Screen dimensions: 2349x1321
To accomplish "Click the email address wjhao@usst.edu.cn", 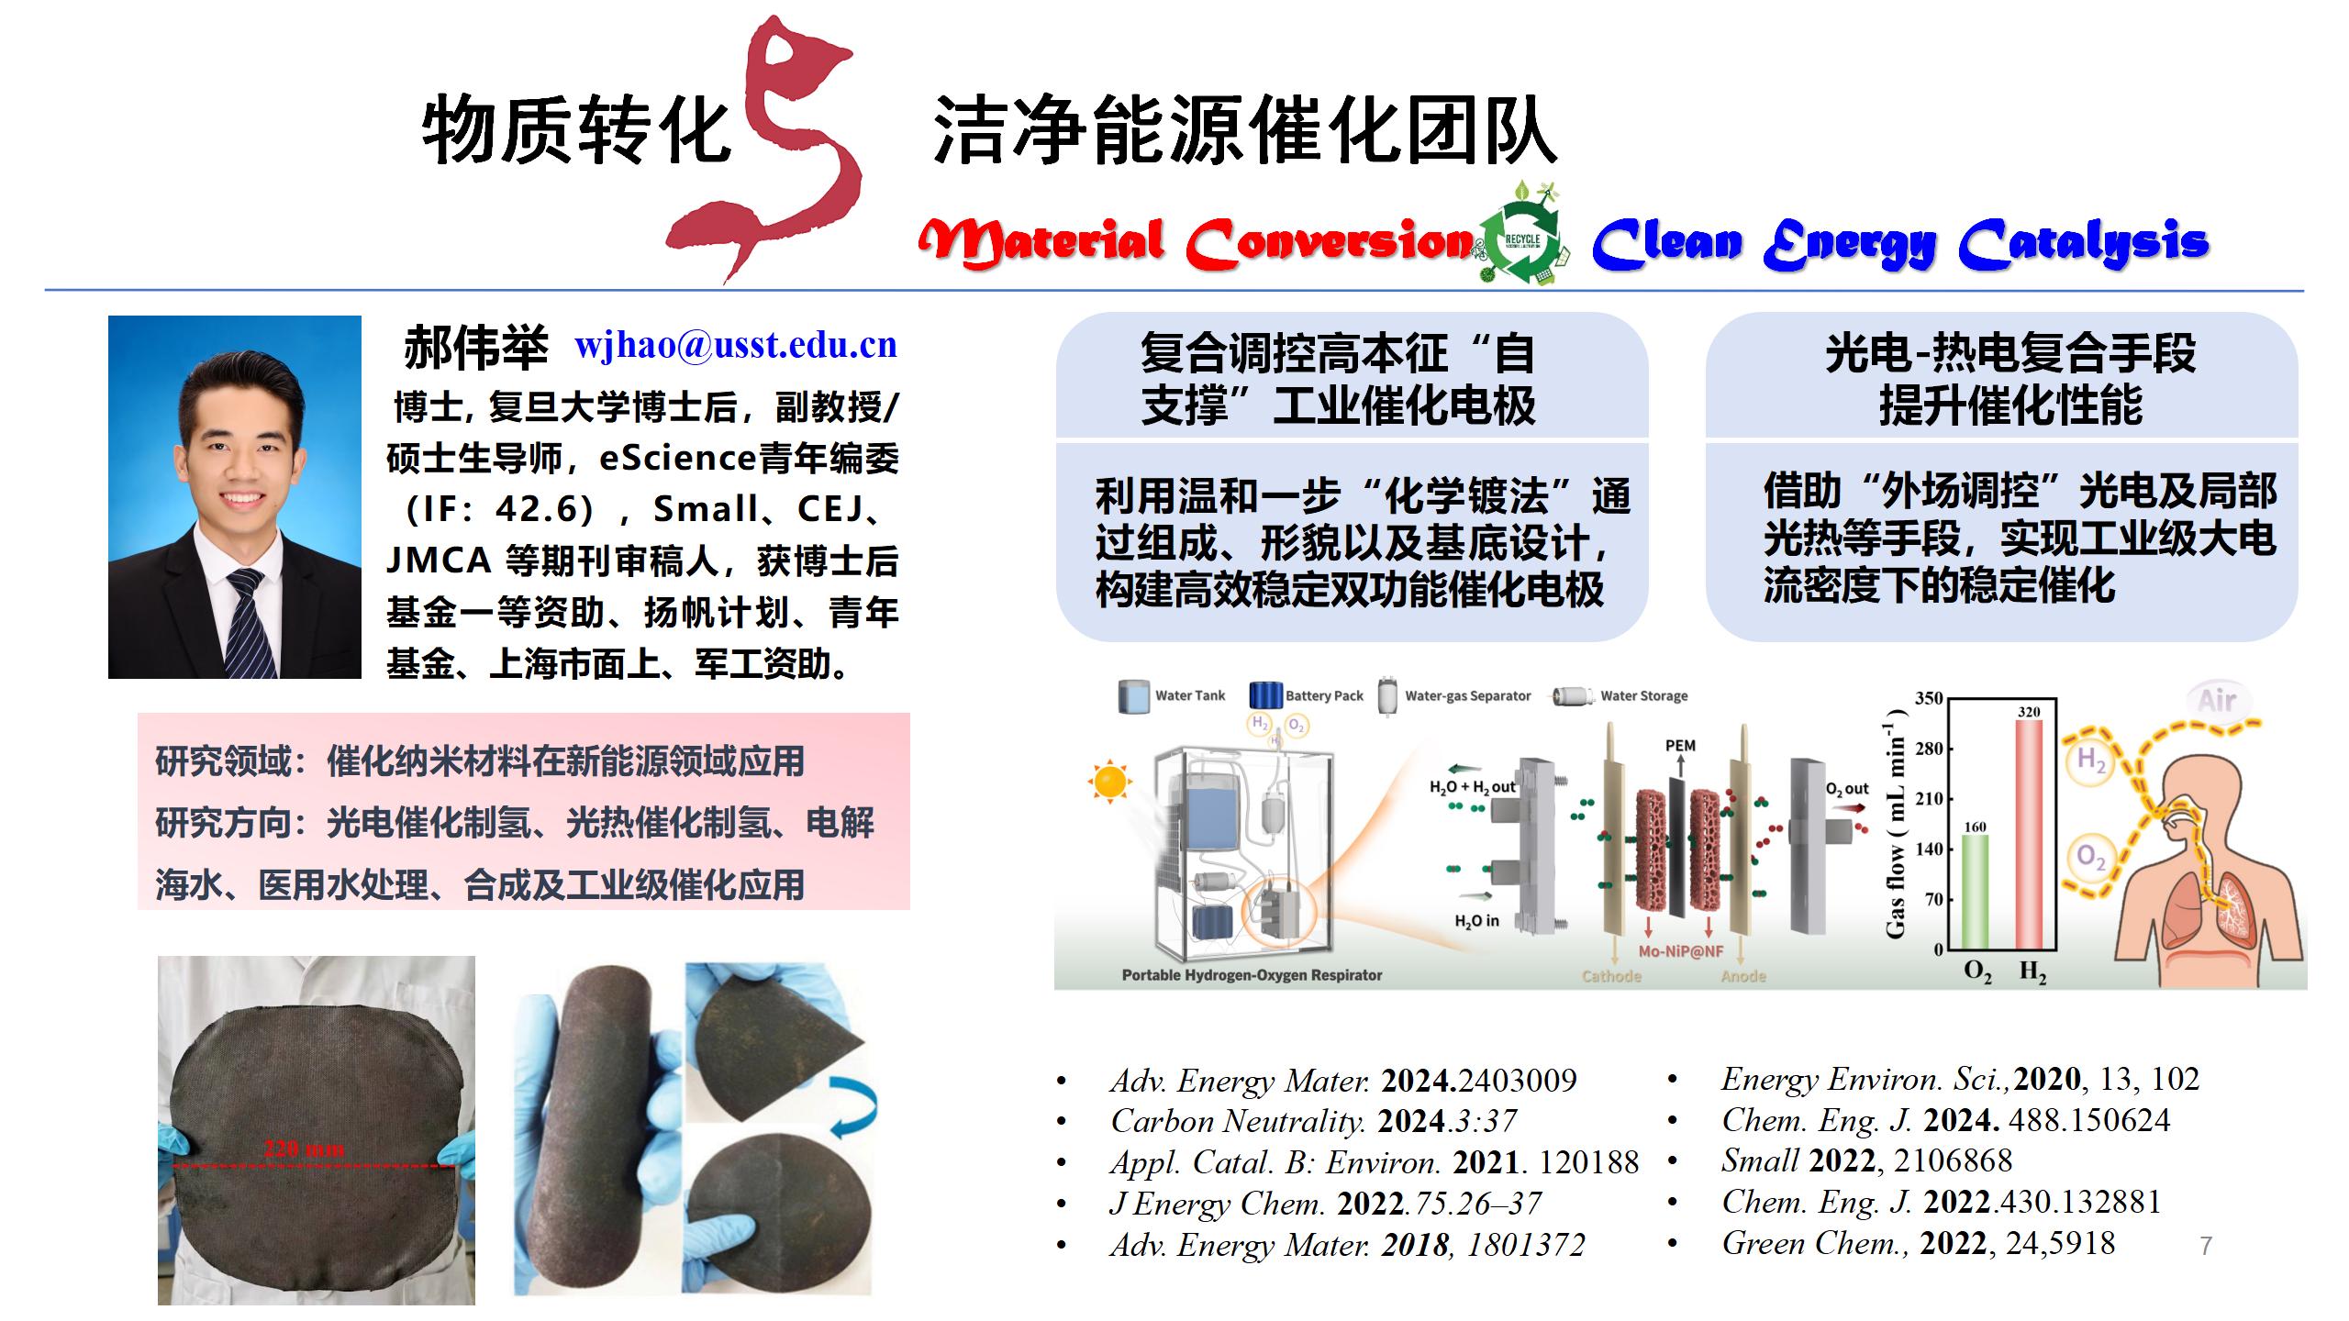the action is point(736,345).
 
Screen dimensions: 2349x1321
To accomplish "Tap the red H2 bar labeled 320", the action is point(2029,835).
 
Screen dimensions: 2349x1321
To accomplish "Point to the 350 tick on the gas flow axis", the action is point(1929,698).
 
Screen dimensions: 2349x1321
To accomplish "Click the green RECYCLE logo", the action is point(1522,239).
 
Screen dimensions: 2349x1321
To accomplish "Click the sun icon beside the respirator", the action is point(1109,781).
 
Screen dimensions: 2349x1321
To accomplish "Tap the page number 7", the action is point(2206,1246).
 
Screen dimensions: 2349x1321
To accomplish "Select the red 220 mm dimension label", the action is point(304,1148).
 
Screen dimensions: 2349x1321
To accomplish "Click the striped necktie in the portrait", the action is point(250,624).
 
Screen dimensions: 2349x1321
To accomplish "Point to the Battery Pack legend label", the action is point(1324,695).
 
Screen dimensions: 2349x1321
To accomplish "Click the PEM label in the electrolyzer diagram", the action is point(1680,746).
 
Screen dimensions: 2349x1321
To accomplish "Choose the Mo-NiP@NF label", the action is point(1681,951).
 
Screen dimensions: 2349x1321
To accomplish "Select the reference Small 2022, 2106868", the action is point(1866,1160).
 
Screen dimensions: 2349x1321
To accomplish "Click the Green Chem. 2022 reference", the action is point(1919,1243).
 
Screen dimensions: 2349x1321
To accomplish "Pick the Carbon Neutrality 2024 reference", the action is point(1313,1121).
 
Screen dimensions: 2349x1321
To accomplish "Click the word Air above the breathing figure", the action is point(2217,701).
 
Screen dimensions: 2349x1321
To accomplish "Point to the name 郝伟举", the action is point(475,348).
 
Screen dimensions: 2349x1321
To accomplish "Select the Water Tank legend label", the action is point(1189,695).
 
